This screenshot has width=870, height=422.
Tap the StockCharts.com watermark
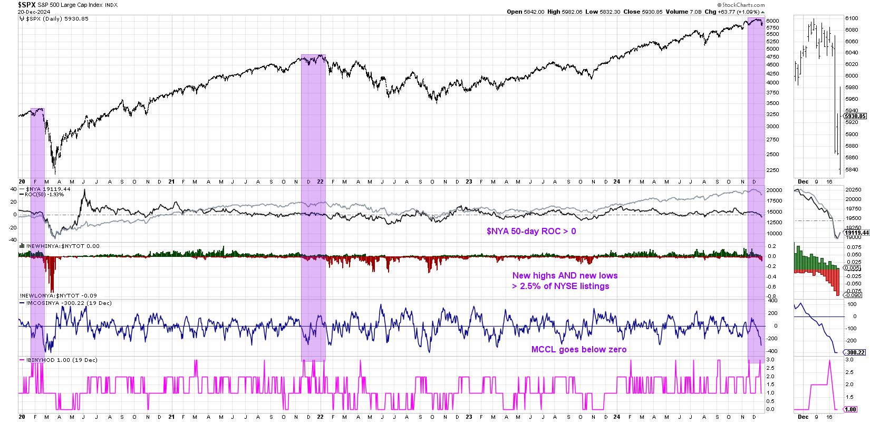(x=745, y=5)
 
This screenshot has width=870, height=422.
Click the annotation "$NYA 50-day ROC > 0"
(x=530, y=231)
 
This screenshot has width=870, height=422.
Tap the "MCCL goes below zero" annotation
(x=578, y=349)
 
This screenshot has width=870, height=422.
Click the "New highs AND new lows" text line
(x=565, y=275)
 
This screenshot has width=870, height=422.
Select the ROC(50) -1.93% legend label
(x=43, y=195)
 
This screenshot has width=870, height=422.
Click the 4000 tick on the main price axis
(x=772, y=83)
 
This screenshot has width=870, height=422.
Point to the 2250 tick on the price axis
(x=772, y=170)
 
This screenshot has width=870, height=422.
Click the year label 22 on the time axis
(x=321, y=181)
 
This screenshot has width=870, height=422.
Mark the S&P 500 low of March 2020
(x=54, y=172)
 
